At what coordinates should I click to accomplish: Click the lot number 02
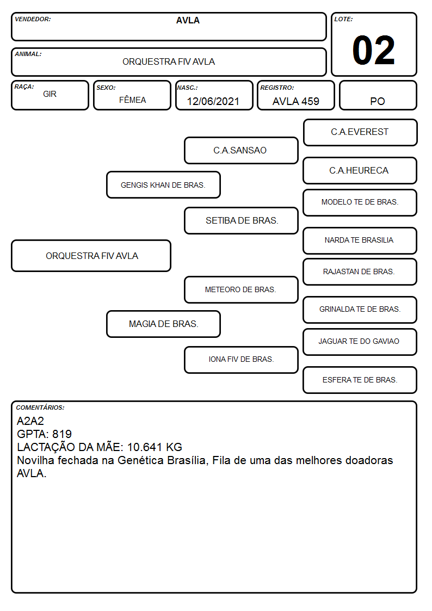[x=374, y=50]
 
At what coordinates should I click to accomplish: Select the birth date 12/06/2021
[x=213, y=101]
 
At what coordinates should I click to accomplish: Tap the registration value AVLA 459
[x=295, y=101]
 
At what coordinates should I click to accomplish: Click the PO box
[x=378, y=95]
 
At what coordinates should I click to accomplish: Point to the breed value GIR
[x=50, y=94]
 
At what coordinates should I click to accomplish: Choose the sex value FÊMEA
[x=132, y=100]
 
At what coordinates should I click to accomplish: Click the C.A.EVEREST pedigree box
[x=360, y=133]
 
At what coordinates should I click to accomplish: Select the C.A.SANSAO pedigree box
[x=241, y=150]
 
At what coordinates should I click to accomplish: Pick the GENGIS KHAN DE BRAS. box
[x=163, y=184]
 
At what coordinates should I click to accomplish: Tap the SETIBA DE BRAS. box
[x=241, y=220]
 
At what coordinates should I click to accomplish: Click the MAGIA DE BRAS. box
[x=163, y=324]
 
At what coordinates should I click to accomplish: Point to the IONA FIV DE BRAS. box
[x=241, y=360]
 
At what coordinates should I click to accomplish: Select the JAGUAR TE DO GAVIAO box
[x=360, y=342]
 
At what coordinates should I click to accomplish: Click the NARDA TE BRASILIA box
[x=360, y=240]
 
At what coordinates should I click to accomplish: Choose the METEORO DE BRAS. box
[x=241, y=289]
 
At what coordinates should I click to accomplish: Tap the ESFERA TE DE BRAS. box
[x=360, y=380]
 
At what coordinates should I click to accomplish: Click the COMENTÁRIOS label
[x=40, y=408]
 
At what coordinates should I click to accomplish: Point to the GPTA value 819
[x=62, y=434]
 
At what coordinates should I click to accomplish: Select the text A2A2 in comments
[x=30, y=421]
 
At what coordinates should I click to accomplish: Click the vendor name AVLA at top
[x=188, y=20]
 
